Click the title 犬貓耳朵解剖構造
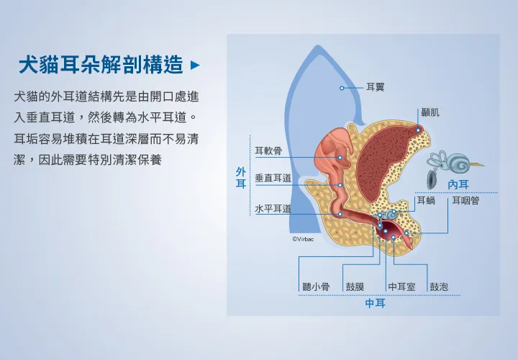pos(101,65)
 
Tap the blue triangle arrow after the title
pos(195,65)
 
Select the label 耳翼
pos(376,87)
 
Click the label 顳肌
pos(430,112)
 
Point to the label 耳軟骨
pos(268,150)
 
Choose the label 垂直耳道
pos(273,178)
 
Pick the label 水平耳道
pos(273,209)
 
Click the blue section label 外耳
pos(241,178)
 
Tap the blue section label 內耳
pos(458,185)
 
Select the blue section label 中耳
pos(376,303)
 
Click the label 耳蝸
pos(426,200)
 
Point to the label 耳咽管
pos(465,200)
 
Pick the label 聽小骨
pos(316,287)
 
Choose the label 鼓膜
pos(355,287)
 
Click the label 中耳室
pos(401,287)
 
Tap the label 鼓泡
pos(439,287)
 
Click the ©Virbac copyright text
pos(303,239)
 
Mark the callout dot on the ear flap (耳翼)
pos(342,88)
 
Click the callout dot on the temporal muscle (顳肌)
pos(418,130)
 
